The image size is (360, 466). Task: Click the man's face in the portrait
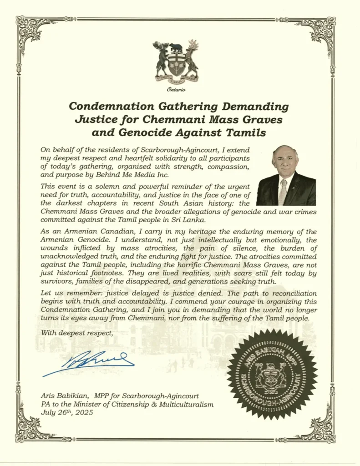click(x=285, y=161)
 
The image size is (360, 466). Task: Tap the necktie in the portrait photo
click(x=284, y=191)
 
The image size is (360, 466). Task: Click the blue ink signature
click(x=89, y=363)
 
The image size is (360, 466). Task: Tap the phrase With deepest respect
click(x=76, y=333)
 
